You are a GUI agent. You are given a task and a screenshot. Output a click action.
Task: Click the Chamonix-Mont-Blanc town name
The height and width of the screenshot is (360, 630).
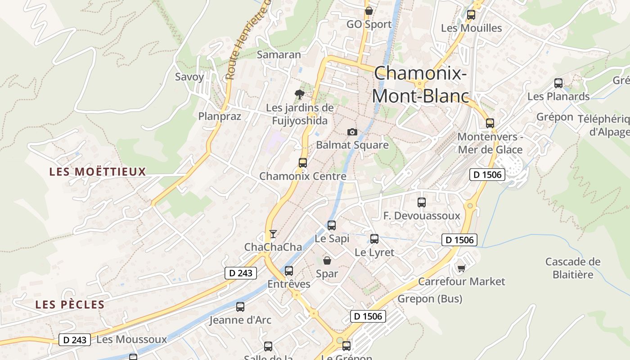pyautogui.click(x=420, y=84)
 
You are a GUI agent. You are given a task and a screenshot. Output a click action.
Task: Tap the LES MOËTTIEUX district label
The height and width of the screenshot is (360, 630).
pyautogui.click(x=98, y=171)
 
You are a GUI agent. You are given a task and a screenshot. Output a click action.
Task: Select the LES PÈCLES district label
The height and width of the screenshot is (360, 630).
pyautogui.click(x=70, y=305)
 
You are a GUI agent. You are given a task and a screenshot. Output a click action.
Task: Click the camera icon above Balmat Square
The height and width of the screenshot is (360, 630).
pyautogui.click(x=352, y=132)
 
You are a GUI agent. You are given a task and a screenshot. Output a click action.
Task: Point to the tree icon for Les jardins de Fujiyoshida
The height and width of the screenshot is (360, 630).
pyautogui.click(x=299, y=94)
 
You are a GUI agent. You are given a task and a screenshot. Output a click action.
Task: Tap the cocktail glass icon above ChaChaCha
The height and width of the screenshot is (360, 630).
pyautogui.click(x=273, y=234)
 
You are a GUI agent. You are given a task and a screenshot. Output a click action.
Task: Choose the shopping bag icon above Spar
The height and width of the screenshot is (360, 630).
pyautogui.click(x=327, y=260)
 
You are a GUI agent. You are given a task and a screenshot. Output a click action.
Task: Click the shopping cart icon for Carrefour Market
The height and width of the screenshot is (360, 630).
pyautogui.click(x=461, y=268)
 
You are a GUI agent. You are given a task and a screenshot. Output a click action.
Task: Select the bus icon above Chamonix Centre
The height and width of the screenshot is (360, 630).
pyautogui.click(x=303, y=163)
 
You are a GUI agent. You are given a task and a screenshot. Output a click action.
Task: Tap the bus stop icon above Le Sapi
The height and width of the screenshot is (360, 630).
pyautogui.click(x=332, y=225)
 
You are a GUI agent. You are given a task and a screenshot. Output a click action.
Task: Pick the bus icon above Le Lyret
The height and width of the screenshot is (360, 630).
pyautogui.click(x=374, y=239)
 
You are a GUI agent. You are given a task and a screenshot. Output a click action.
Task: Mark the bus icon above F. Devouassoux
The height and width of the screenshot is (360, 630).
pyautogui.click(x=422, y=202)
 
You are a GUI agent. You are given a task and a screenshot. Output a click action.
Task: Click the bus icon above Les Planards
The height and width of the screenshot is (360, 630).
pyautogui.click(x=558, y=83)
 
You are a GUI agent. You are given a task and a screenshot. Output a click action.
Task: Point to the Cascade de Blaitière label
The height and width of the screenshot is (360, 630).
pyautogui.click(x=573, y=268)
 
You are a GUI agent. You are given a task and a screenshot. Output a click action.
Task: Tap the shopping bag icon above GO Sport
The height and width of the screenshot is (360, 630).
pyautogui.click(x=369, y=11)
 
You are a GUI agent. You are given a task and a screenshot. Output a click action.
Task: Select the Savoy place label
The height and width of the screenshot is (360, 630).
pyautogui.click(x=189, y=76)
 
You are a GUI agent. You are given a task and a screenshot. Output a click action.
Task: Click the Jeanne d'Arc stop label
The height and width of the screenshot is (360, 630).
pyautogui.click(x=240, y=320)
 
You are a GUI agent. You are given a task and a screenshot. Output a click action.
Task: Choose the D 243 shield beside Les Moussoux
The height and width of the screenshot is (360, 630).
pyautogui.click(x=75, y=340)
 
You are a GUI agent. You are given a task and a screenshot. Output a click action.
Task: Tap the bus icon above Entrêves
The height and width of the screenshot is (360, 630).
pyautogui.click(x=289, y=271)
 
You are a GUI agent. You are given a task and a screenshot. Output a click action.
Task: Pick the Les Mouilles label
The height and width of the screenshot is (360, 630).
pyautogui.click(x=471, y=28)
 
